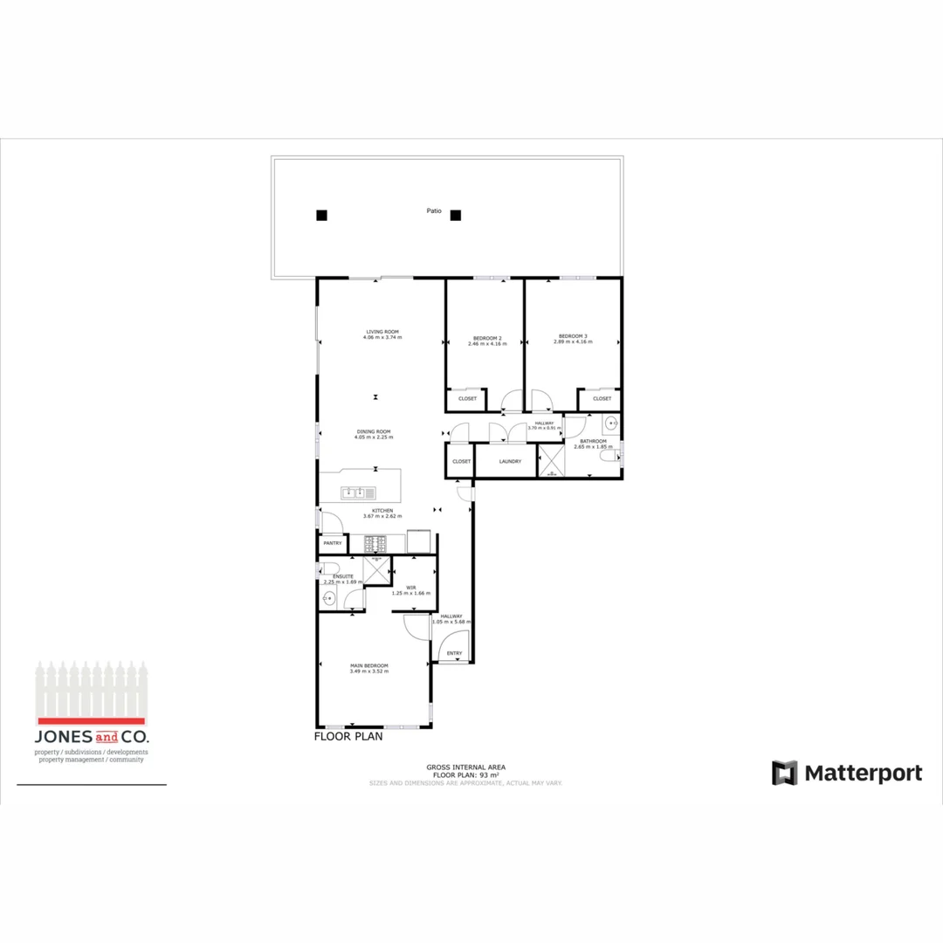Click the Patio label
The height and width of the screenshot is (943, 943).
tap(434, 210)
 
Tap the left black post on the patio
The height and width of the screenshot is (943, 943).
tap(321, 215)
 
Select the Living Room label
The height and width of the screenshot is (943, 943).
tap(382, 332)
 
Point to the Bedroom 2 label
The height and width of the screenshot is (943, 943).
tap(487, 338)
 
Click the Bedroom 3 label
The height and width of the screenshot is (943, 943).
tap(573, 337)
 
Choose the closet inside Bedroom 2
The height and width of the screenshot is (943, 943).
tap(467, 399)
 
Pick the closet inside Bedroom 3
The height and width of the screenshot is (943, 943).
tap(602, 399)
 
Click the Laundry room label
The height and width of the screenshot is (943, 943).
tap(510, 461)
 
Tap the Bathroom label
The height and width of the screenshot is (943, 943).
tap(590, 442)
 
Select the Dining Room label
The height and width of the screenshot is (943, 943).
tap(373, 430)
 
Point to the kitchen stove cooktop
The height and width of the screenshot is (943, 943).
tap(375, 543)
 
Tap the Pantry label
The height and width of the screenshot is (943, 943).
tap(333, 543)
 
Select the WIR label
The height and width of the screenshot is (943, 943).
tap(410, 588)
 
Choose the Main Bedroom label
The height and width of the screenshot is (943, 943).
tap(369, 665)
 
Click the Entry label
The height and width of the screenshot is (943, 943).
tap(454, 653)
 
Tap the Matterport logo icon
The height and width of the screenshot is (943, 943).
tap(784, 773)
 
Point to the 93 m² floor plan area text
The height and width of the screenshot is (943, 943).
tap(466, 775)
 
